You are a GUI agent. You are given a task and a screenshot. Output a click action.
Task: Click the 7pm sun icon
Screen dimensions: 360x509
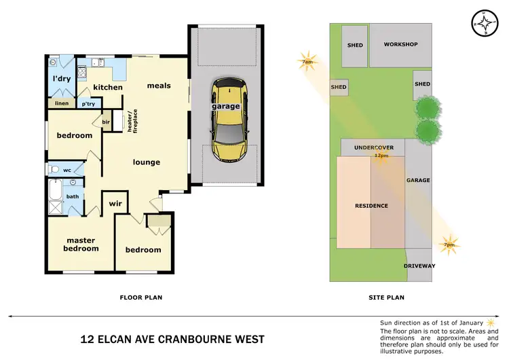449,242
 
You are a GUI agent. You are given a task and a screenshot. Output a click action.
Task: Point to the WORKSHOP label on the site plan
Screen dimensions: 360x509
400,45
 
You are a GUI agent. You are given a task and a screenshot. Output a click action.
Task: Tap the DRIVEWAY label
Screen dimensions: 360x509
419,266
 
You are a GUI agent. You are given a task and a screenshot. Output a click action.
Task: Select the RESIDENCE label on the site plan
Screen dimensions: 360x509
371,205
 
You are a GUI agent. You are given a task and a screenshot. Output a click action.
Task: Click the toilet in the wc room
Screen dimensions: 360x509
54,169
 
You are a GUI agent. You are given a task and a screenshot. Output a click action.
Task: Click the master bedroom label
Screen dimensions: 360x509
81,244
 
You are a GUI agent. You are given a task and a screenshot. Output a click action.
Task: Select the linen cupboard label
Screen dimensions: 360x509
62,103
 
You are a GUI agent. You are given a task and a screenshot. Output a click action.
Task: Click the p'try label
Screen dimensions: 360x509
88,104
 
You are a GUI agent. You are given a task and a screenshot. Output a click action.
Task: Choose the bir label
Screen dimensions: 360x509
106,122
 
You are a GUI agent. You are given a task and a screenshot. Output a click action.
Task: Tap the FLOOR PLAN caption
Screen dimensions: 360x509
140,297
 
